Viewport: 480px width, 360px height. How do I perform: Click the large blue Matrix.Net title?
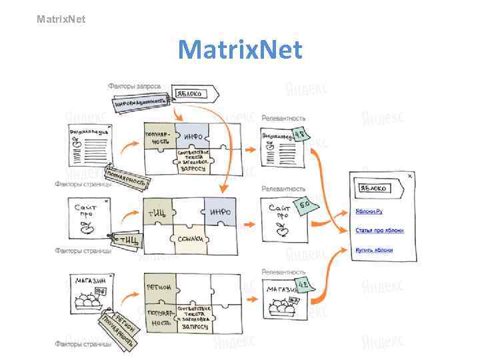point(240,50)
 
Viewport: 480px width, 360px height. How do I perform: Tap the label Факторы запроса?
point(135,86)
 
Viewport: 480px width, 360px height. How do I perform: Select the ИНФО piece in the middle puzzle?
point(220,212)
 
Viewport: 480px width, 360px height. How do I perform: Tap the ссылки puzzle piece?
point(189,238)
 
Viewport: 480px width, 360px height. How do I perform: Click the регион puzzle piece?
point(159,287)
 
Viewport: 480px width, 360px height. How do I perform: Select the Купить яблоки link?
point(373,250)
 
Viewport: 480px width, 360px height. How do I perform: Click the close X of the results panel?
point(410,176)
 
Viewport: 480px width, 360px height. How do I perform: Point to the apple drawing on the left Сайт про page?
point(85,229)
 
